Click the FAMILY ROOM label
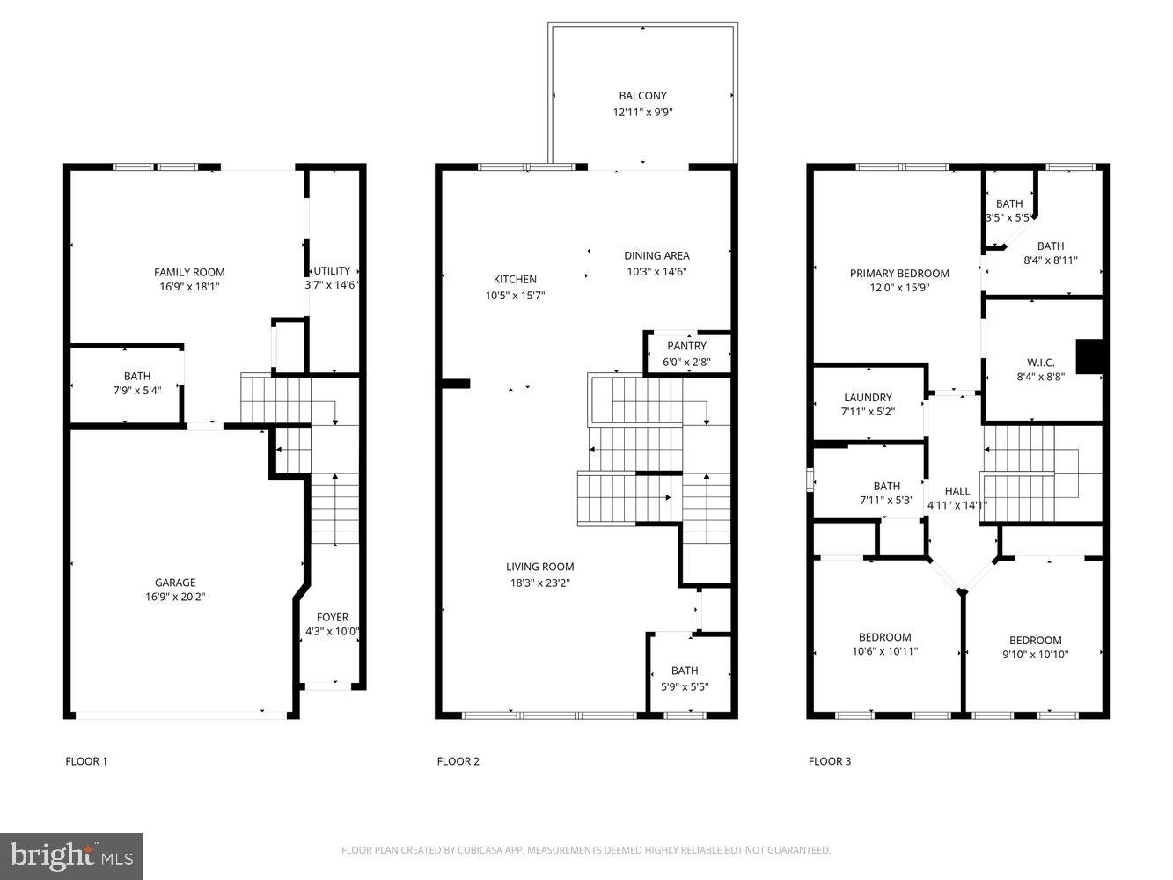click(x=189, y=272)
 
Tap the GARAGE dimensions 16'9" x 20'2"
click(x=175, y=597)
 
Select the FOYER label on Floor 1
click(x=332, y=617)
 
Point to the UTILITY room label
click(x=332, y=270)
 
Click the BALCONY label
click(x=642, y=96)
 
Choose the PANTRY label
click(x=686, y=346)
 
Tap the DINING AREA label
click(x=656, y=256)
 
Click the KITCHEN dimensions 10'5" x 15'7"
click(x=515, y=296)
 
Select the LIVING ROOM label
click(x=539, y=567)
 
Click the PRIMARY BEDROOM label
click(x=899, y=274)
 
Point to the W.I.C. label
click(x=1040, y=363)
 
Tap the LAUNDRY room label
click(x=868, y=398)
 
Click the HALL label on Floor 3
click(x=957, y=491)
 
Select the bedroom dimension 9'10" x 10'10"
click(x=1035, y=655)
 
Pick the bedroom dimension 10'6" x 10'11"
click(x=884, y=651)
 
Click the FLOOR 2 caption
click(x=458, y=761)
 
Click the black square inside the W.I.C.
click(x=1090, y=356)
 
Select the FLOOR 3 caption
click(x=829, y=761)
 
